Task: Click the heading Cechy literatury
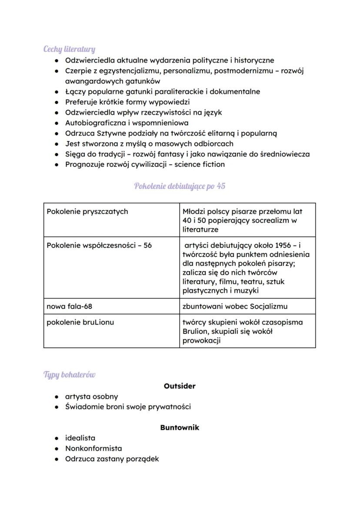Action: [x=69, y=49]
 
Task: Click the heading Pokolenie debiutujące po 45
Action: [x=180, y=186]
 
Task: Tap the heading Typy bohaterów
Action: [x=69, y=374]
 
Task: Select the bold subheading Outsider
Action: [x=180, y=386]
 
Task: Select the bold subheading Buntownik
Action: [x=180, y=427]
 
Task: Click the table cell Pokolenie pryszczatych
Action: [x=87, y=212]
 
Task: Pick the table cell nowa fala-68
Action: [x=70, y=306]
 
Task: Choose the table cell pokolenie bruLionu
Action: [x=77, y=322]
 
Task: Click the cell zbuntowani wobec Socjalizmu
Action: [x=235, y=306]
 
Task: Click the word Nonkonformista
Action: [x=93, y=448]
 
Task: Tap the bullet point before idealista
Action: [x=57, y=438]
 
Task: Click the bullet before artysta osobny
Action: [x=57, y=397]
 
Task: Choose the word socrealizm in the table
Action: [x=270, y=220]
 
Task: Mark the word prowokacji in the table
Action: [x=202, y=340]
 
